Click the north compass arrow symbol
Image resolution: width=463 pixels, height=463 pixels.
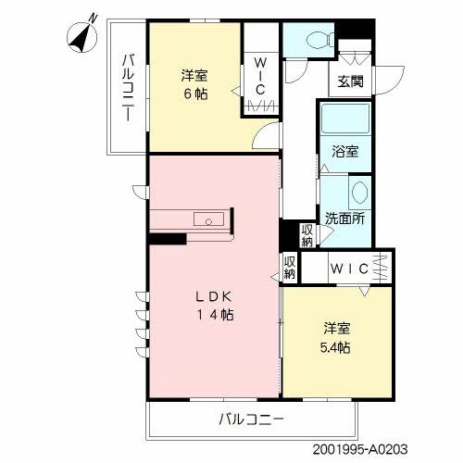[78, 38]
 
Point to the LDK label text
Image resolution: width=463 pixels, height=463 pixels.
[214, 296]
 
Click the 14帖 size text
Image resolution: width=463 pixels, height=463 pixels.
[214, 315]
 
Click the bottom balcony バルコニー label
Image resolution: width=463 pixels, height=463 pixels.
[252, 419]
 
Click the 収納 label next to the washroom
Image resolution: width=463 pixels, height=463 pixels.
[307, 235]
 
